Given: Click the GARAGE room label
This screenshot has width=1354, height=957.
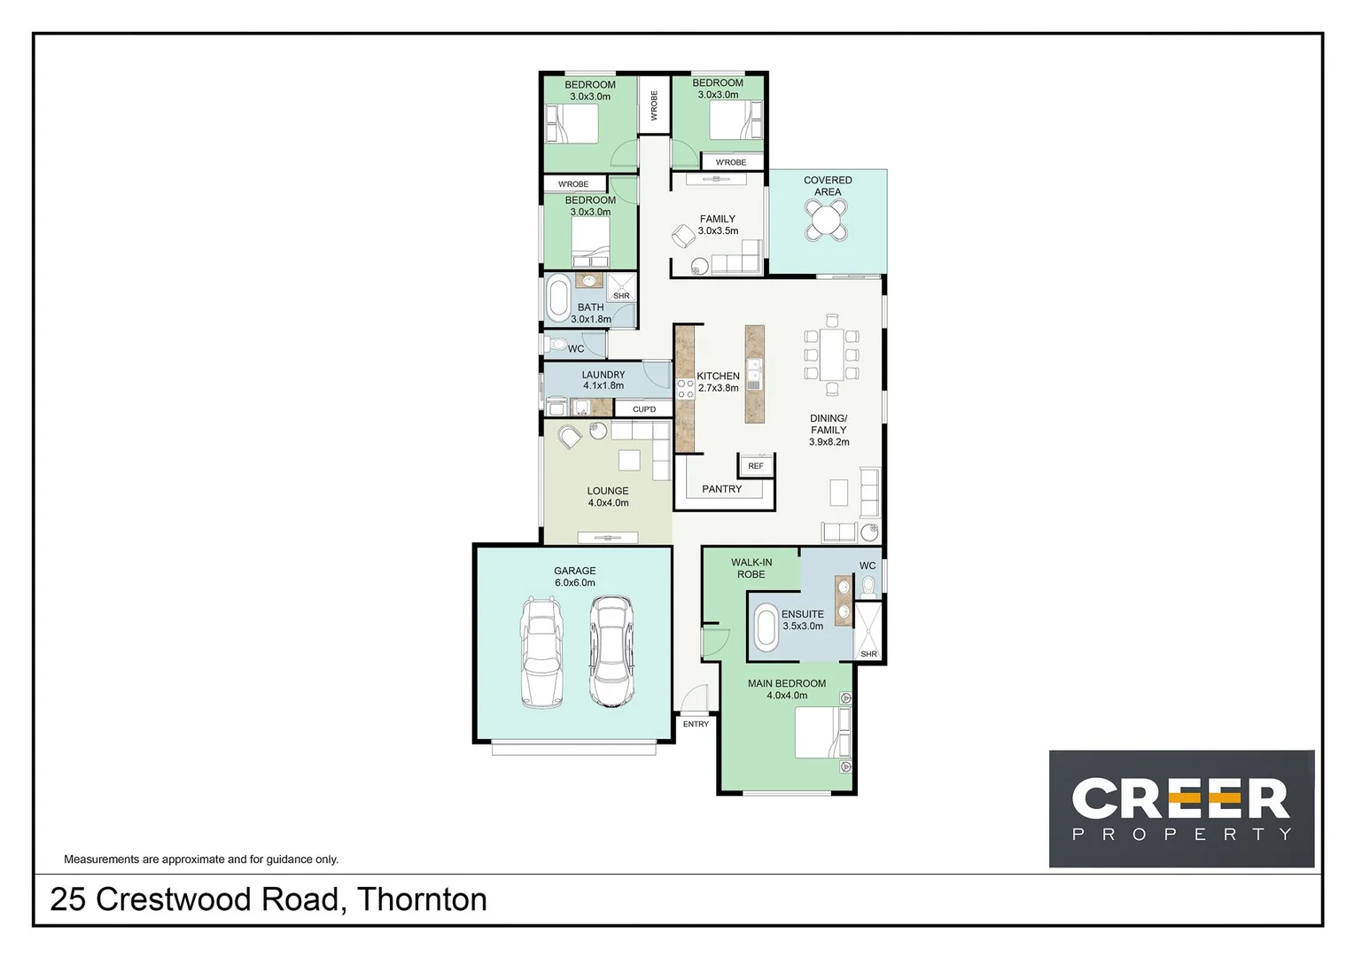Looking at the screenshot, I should pos(574,571).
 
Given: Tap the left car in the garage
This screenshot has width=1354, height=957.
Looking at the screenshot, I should pos(541,652).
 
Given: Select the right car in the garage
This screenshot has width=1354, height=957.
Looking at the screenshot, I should pos(611,651).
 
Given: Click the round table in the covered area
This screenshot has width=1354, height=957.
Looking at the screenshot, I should pos(826,220).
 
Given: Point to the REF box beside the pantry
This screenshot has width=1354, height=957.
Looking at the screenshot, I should pos(755,466).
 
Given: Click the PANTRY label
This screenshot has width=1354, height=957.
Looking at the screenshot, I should pos(721,489).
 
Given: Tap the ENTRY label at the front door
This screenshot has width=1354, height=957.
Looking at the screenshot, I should pos(696,724).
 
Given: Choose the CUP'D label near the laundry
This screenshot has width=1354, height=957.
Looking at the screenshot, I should pos(644,409).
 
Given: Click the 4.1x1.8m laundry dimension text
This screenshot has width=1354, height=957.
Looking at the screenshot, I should pos(603,386).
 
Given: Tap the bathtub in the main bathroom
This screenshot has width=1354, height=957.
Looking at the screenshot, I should pos(558,299).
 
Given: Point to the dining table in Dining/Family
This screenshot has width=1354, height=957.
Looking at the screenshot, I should pos(831,355).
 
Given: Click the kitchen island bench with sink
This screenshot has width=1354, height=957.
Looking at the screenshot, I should pos(754,373).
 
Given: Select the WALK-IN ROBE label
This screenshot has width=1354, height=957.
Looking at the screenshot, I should pos(751,568).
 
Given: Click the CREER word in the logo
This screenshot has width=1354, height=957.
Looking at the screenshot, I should pos(1180,799).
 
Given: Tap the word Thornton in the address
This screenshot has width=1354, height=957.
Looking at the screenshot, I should pos(422,899).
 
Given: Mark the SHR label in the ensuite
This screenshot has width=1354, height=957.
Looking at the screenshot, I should pos(868,654).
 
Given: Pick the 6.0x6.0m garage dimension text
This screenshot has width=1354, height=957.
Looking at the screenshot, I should pos(574,583).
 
